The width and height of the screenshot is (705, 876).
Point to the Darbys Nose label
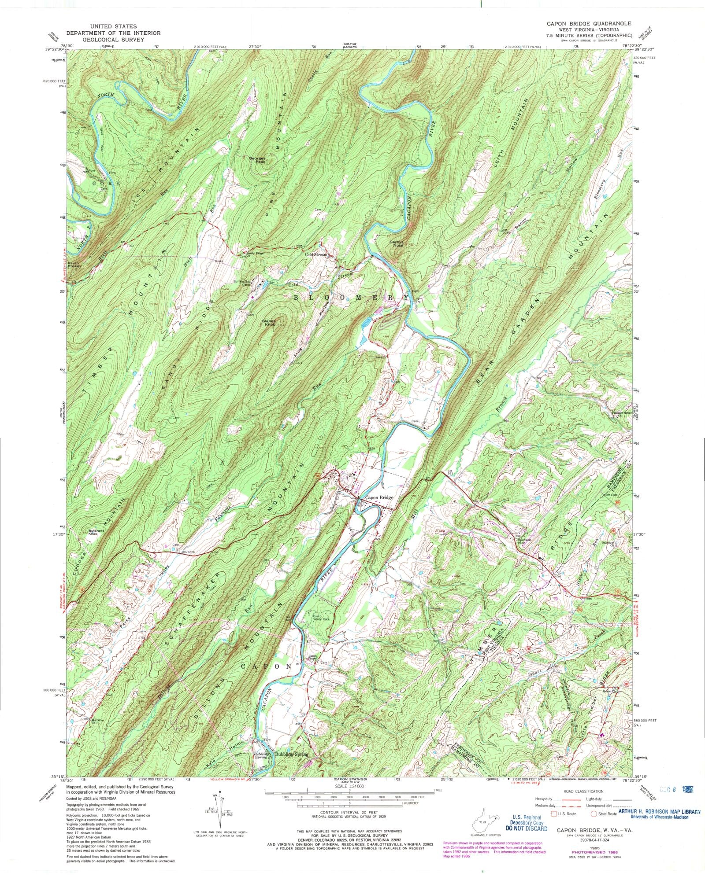(396, 243)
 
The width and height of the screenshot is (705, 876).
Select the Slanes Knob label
(268, 328)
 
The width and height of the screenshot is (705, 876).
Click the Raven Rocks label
(76, 265)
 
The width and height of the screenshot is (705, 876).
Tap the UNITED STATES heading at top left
(113, 26)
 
